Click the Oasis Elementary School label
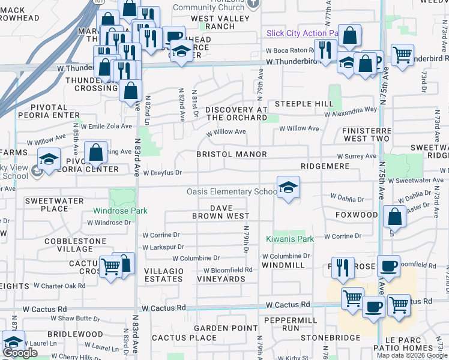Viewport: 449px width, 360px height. point(232,191)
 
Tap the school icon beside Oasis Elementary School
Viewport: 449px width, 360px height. point(288,188)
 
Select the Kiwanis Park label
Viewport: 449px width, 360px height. point(290,239)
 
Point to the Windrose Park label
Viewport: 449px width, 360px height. point(120,211)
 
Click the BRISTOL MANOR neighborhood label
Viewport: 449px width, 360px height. point(232,154)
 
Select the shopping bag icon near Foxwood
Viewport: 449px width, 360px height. point(395,218)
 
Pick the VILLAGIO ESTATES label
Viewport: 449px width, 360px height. point(164,275)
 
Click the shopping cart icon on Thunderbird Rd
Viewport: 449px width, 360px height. point(402,55)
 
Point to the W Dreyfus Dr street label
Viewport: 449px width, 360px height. point(162,173)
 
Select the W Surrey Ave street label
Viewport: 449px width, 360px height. point(360,156)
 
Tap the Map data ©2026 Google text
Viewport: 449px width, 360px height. point(411,355)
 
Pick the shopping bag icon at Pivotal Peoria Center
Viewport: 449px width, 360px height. point(96,153)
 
